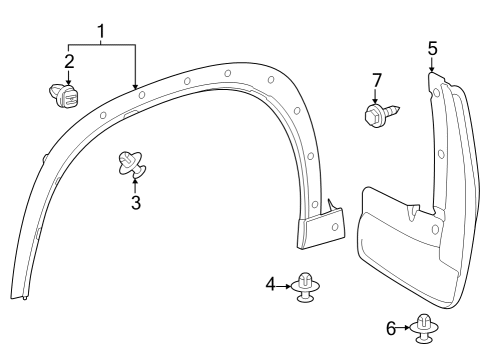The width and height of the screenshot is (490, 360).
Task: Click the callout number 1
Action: point(102,31)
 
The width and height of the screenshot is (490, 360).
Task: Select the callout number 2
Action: point(68,62)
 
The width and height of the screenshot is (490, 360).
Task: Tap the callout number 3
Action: point(136,202)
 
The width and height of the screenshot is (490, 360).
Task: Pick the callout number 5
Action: point(432,47)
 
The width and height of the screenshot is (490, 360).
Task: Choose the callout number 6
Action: point(391,327)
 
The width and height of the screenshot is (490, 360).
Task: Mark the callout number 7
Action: point(377,79)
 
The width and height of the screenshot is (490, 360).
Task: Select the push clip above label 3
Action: point(131,161)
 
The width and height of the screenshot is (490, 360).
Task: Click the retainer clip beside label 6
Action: point(425,329)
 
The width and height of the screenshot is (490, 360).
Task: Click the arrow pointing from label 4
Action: point(286,285)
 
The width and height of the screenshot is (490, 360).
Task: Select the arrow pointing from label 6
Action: point(406,327)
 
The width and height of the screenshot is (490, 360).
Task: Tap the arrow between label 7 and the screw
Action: point(377,95)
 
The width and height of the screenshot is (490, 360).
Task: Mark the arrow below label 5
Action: point(432,65)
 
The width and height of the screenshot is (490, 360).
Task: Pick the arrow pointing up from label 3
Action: point(136,185)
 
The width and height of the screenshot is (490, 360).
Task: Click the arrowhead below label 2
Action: point(68,81)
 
